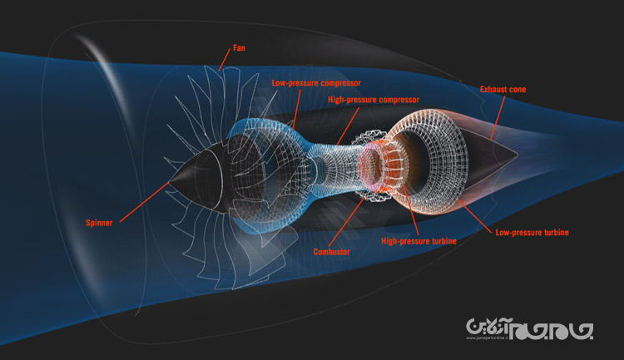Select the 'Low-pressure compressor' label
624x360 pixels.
317,83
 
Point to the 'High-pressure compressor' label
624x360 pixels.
374,100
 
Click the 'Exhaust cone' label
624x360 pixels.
503,88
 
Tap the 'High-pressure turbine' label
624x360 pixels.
418,241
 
